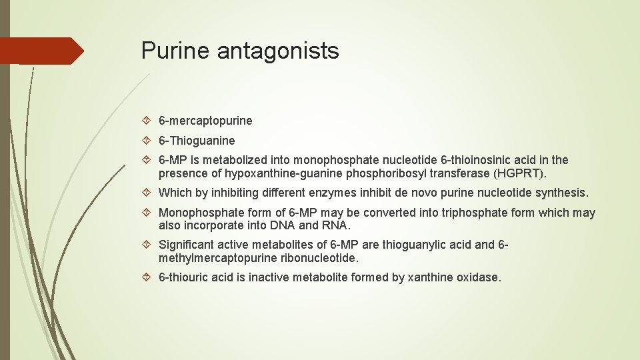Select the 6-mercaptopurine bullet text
pyautogui.click(x=205, y=121)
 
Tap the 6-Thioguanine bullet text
pyautogui.click(x=197, y=141)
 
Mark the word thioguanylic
pyautogui.click(x=416, y=245)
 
